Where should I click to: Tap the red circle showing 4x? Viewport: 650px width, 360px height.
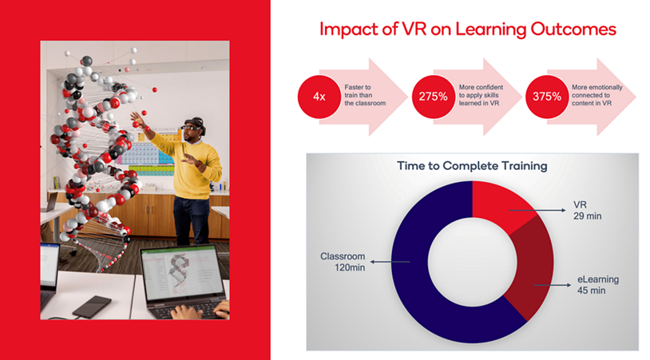tap(318, 97)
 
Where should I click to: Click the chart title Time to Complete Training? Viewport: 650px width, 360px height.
tap(472, 166)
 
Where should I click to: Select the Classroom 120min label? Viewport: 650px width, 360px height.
tap(343, 262)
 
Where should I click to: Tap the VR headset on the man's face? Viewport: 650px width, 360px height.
tap(192, 127)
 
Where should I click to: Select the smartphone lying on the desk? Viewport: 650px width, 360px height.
tap(91, 305)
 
